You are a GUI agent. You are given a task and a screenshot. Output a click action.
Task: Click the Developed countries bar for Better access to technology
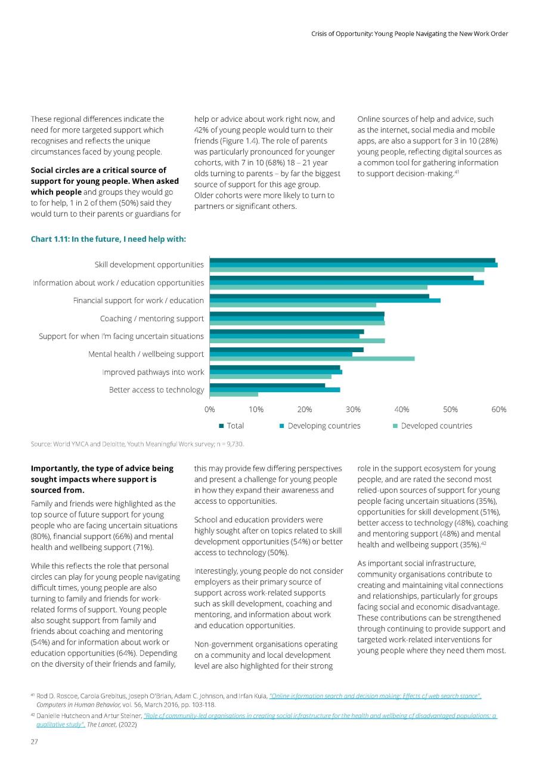coord(234,395)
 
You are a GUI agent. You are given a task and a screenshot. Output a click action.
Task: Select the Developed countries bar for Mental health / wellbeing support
coord(312,359)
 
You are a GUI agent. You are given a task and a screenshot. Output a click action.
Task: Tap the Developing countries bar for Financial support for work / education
coord(325,300)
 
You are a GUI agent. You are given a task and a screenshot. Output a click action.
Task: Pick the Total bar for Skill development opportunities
coord(352,260)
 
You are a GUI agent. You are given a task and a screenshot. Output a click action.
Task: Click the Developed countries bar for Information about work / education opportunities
coord(318,287)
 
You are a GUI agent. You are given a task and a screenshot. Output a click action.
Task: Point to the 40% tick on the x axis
coord(402,409)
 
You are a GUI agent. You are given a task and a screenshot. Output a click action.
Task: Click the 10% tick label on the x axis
coord(256,409)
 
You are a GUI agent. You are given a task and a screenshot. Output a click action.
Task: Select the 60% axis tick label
coord(499,409)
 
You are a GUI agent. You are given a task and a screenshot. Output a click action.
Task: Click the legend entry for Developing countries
coord(320,426)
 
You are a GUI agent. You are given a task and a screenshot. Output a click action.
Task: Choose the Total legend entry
coord(231,426)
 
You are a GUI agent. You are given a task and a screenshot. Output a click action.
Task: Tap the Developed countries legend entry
coord(432,426)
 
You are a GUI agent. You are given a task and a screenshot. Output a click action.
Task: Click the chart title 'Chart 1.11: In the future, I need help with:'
coord(109,239)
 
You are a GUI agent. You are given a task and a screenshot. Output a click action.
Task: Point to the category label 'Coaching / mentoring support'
coord(152,319)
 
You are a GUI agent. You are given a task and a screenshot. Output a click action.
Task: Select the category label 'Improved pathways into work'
coord(153,372)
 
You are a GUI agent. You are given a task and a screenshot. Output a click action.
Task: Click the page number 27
coord(34,741)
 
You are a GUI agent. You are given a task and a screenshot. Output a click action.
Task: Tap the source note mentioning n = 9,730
coord(137,444)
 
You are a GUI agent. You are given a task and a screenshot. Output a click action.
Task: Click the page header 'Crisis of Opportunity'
coord(410,34)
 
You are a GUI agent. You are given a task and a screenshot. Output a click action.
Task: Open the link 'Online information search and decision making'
coord(375,696)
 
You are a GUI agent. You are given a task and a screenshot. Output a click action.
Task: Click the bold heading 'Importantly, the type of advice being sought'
coord(102,479)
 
